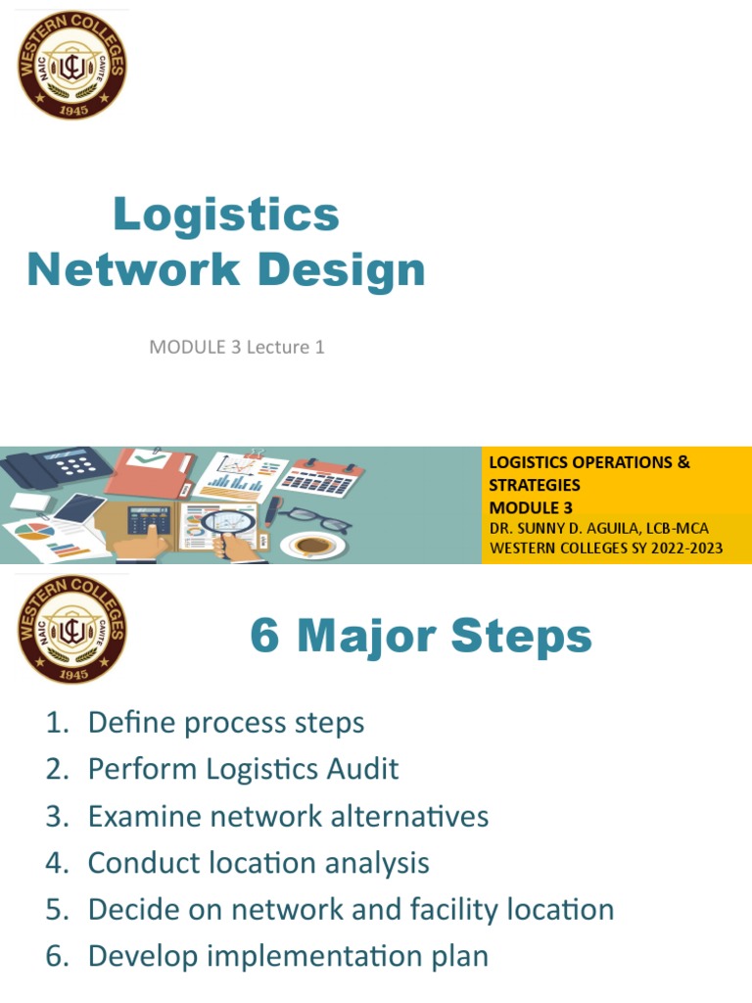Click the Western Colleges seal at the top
pos(72,67)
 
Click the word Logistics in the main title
pos(226,215)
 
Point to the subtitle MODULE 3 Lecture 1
pos(236,347)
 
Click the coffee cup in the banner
pos(311,544)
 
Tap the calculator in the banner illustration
pos(149,519)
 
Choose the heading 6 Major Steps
pos(421,637)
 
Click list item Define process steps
pos(225,723)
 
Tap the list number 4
pos(54,864)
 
